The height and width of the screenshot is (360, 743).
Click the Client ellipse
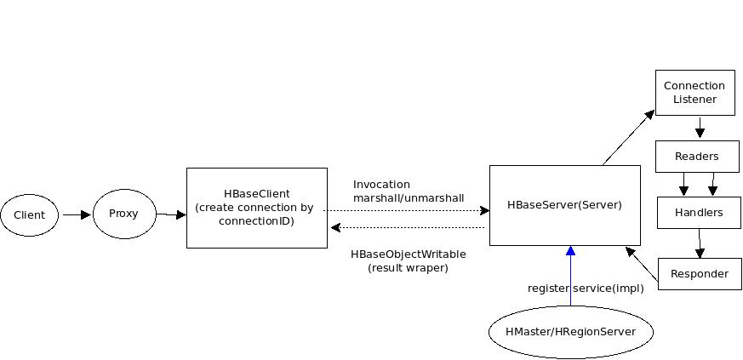click(x=29, y=215)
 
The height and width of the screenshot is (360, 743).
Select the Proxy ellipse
click(x=123, y=213)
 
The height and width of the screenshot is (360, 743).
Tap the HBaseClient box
click(x=256, y=208)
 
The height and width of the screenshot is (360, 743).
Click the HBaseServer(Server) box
click(x=564, y=205)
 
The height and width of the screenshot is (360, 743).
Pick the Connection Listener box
click(x=694, y=92)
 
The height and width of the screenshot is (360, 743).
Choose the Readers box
click(x=696, y=157)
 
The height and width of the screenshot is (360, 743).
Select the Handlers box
click(x=699, y=212)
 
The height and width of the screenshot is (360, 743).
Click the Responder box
click(x=700, y=274)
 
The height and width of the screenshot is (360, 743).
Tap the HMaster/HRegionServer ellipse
click(x=570, y=331)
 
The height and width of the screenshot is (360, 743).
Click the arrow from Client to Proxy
click(x=76, y=215)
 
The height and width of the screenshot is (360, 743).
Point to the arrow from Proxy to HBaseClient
click(x=171, y=214)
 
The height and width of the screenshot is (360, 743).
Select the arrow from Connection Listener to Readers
click(x=700, y=128)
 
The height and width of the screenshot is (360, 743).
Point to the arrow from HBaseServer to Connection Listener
click(x=629, y=137)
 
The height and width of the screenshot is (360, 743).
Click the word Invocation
click(x=381, y=185)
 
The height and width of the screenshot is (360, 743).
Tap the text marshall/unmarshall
click(x=409, y=198)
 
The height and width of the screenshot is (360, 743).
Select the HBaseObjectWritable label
click(x=409, y=254)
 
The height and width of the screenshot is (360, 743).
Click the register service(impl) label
click(x=586, y=289)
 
